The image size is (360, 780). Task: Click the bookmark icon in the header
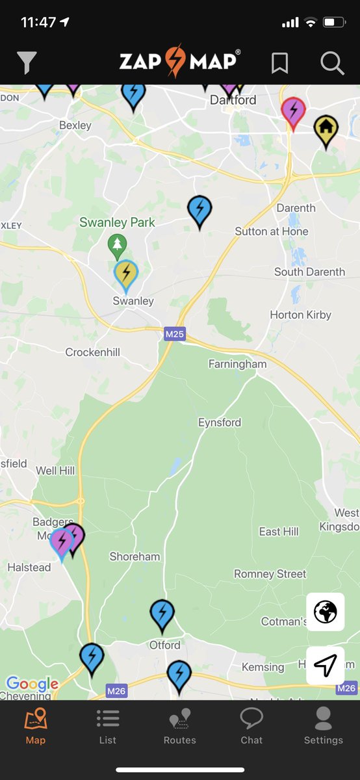coord(279,62)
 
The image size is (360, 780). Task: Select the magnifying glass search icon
coord(332,62)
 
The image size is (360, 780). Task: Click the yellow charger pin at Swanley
coord(126,274)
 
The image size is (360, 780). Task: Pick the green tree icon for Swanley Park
coord(117,245)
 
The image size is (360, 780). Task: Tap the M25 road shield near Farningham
coord(174,334)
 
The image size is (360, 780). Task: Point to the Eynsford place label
coord(220,422)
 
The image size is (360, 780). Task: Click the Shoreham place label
coord(135,556)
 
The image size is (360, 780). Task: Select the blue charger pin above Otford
coord(162,614)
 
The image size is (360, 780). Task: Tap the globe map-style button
coord(326,612)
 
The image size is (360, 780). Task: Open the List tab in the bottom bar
coord(108,725)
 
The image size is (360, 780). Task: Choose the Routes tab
coord(179,725)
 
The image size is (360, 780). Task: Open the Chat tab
coord(251,725)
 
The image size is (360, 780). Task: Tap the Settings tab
coord(323,725)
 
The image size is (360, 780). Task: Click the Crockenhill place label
coord(92,352)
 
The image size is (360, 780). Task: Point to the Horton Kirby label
coord(300,315)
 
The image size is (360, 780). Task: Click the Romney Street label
coord(270,574)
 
